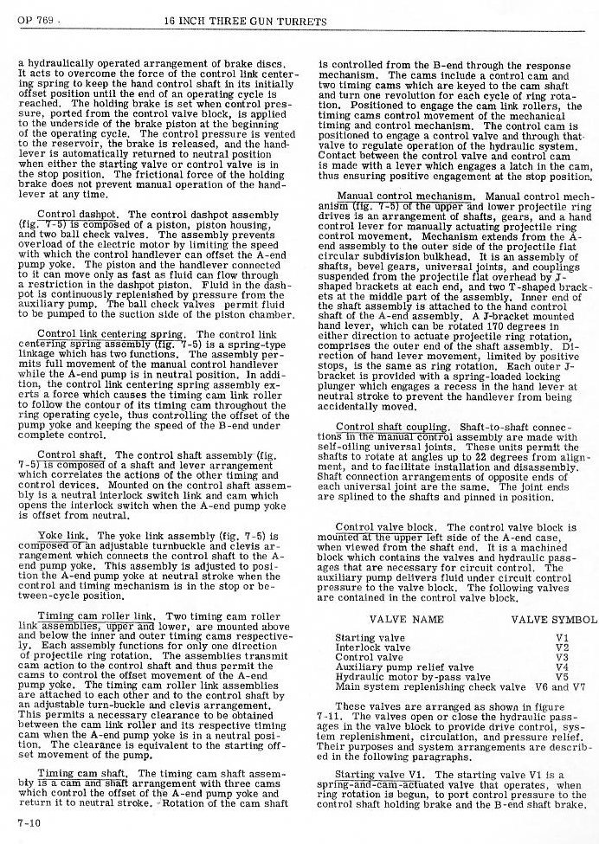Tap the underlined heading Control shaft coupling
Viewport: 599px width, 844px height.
click(x=391, y=427)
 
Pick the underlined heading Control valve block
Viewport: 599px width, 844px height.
click(x=385, y=527)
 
